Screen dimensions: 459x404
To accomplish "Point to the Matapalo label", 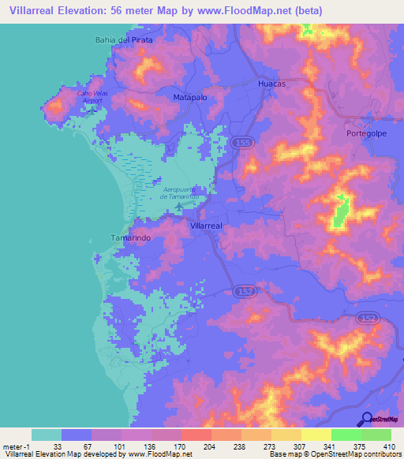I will coord(189,97).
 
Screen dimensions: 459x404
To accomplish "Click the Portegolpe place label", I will coord(368,134).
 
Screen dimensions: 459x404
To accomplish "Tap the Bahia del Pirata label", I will coord(123,39).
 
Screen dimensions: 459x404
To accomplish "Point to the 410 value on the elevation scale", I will coord(386,445).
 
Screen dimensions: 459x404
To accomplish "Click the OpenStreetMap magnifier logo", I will coord(366,419).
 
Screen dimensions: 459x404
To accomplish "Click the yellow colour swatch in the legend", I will coord(316,435).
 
